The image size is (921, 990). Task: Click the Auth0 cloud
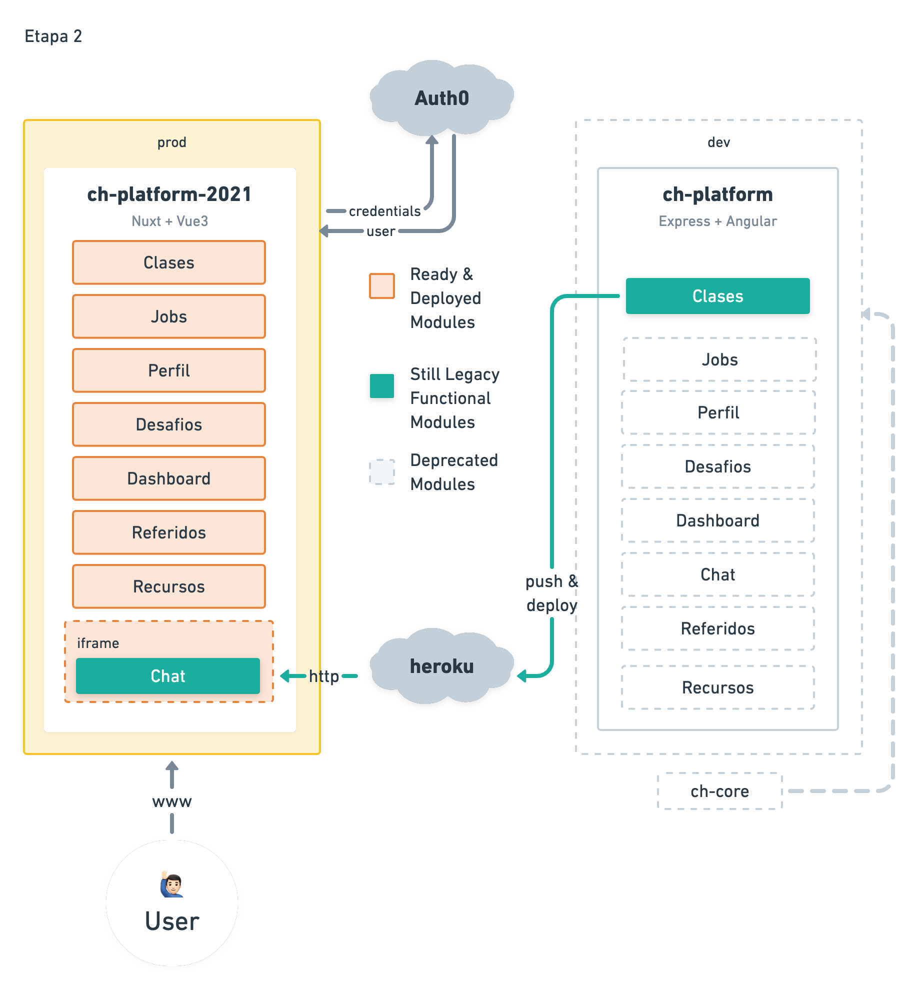(x=442, y=98)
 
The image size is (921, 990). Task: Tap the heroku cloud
(x=442, y=666)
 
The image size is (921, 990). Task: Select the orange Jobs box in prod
(x=169, y=316)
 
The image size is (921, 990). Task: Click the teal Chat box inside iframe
(x=168, y=676)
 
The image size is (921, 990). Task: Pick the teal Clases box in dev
(x=717, y=296)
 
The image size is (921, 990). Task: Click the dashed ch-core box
(x=719, y=791)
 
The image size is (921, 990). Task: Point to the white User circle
(x=172, y=903)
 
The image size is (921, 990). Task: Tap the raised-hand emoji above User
(x=172, y=884)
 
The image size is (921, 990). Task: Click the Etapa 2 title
(x=53, y=36)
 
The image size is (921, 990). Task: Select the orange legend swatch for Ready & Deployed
(x=382, y=286)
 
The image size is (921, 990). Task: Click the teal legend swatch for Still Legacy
(x=382, y=386)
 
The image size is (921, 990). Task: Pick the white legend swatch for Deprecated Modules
(x=382, y=472)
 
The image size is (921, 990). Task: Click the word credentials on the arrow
(x=385, y=211)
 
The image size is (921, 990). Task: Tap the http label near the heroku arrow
(x=324, y=676)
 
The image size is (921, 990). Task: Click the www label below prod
(x=172, y=801)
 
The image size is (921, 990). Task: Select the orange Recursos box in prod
(x=169, y=586)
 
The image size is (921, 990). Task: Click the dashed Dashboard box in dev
(x=717, y=520)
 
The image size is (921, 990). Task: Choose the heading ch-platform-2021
(x=169, y=194)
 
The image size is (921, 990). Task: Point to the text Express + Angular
(x=717, y=221)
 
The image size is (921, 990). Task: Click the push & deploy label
(x=552, y=593)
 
